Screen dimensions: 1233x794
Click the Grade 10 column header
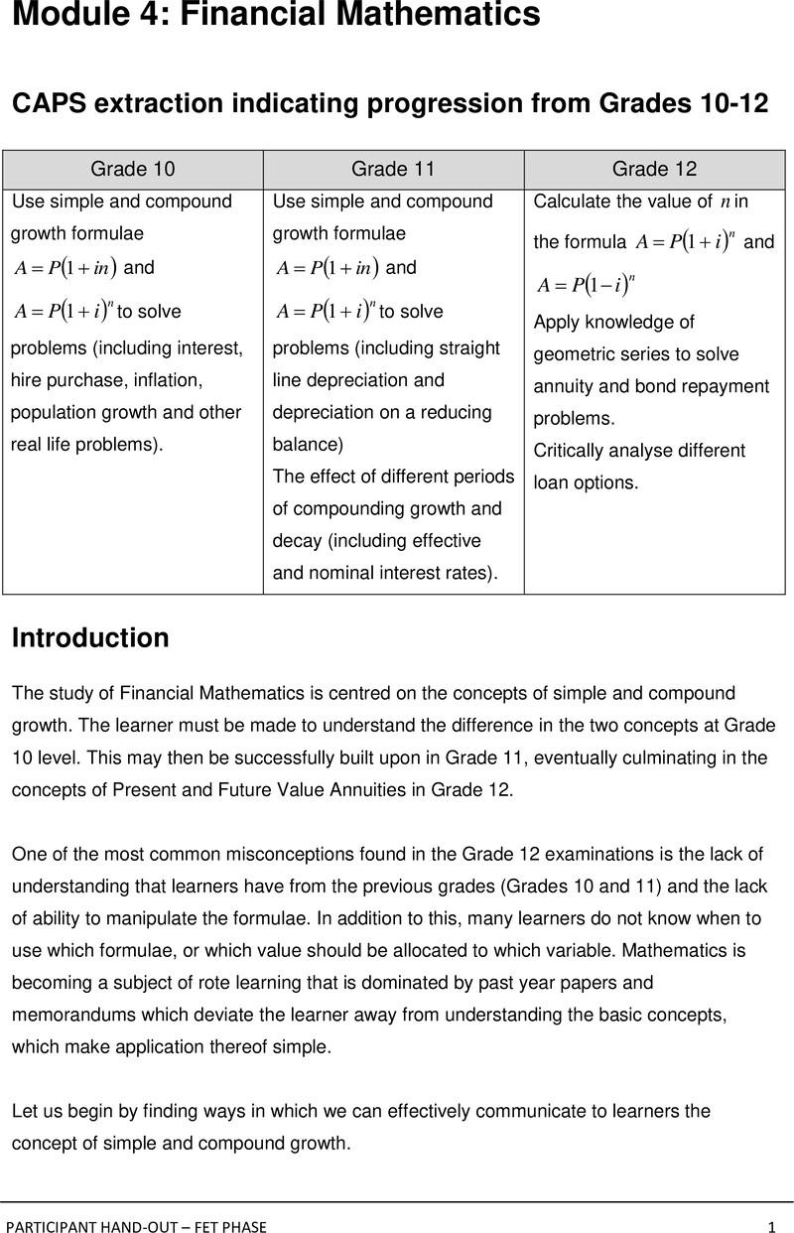pos(133,169)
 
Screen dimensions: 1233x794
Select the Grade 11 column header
pos(393,169)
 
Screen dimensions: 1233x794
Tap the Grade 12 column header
pos(655,169)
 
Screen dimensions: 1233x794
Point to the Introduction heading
pos(90,637)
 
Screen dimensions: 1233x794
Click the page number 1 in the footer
pos(770,1227)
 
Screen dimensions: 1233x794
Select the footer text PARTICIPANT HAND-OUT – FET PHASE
pos(136,1227)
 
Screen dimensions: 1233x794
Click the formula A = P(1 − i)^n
pos(586,285)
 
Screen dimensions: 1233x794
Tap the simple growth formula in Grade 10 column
pos(66,268)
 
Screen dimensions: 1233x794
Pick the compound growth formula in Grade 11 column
pos(326,311)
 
